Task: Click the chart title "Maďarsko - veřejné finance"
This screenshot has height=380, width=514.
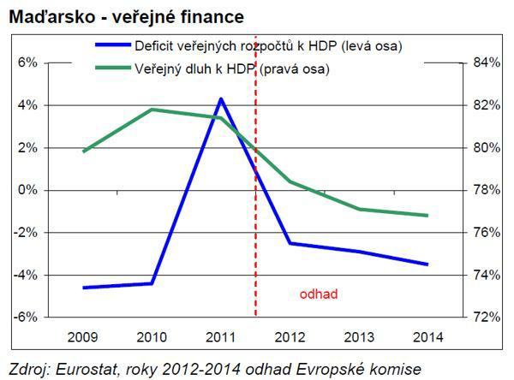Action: (126, 16)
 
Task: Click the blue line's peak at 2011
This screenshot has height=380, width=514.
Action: (221, 99)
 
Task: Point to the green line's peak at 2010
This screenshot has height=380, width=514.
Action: (152, 110)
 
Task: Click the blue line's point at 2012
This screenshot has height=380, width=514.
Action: (290, 243)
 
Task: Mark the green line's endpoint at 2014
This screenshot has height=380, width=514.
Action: (427, 216)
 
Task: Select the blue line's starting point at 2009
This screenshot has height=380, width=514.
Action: (83, 288)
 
